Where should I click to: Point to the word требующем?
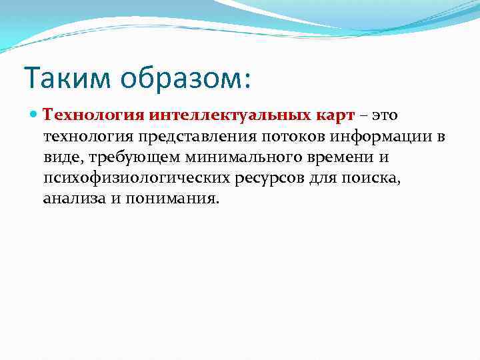tap(132, 157)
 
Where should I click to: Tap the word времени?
tap(336, 157)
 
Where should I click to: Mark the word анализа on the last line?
tap(74, 199)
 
